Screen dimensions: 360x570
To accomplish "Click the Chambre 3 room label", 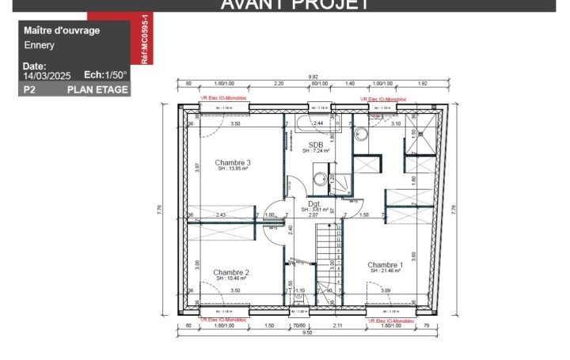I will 233,161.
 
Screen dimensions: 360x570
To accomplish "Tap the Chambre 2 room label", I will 231,271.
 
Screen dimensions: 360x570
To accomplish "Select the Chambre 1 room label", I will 386,264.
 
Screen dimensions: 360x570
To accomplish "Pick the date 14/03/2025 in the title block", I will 47,76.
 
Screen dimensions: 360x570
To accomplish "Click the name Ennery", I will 39,45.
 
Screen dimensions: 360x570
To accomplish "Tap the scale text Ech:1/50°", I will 106,75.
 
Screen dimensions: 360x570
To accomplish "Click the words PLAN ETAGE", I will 97,90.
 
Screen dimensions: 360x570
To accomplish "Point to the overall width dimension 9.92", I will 313,77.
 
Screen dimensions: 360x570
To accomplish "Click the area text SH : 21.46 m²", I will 385,271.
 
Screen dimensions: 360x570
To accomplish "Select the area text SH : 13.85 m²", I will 233,169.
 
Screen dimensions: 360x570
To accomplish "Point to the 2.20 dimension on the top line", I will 279,83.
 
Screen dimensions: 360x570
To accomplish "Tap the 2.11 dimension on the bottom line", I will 337,324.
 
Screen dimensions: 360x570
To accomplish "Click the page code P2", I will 30,90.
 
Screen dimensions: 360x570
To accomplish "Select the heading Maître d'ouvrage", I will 62,30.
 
